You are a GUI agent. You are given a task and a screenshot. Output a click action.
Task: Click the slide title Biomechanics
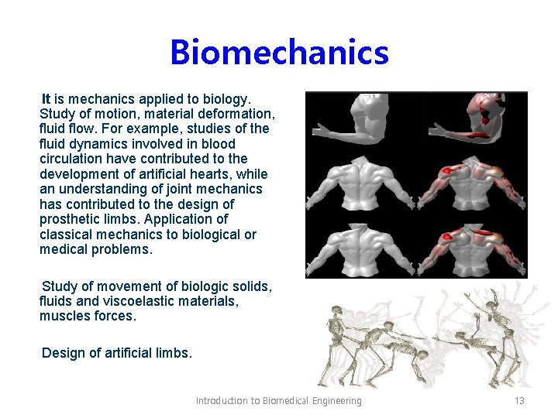(x=279, y=53)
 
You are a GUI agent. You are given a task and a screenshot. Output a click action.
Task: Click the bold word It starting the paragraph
(x=46, y=99)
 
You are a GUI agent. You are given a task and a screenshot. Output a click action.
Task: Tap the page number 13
(x=519, y=400)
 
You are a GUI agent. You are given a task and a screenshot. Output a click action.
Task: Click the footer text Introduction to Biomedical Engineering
(x=278, y=400)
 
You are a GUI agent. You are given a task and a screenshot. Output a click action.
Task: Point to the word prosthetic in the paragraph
(x=71, y=219)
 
